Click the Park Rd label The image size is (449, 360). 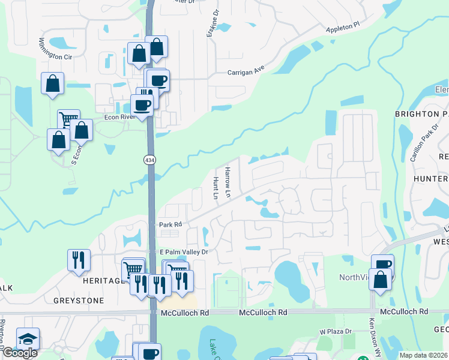(170, 225)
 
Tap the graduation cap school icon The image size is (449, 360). (28, 339)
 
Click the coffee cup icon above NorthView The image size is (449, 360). (382, 265)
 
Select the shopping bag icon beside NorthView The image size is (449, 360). (380, 279)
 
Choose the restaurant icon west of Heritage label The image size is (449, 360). (79, 260)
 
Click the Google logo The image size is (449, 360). (20, 353)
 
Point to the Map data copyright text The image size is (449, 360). (424, 355)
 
